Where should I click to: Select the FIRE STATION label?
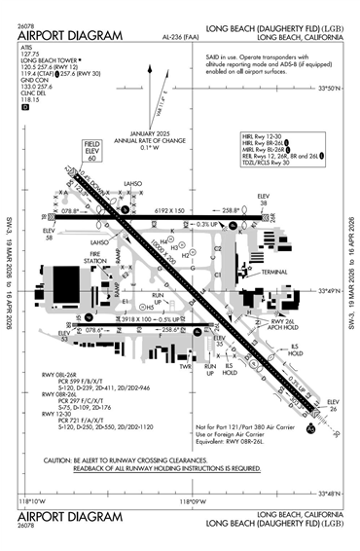tap(95, 258)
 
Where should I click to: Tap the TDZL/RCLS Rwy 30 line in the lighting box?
tap(270, 165)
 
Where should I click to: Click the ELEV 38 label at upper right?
tap(262, 199)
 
